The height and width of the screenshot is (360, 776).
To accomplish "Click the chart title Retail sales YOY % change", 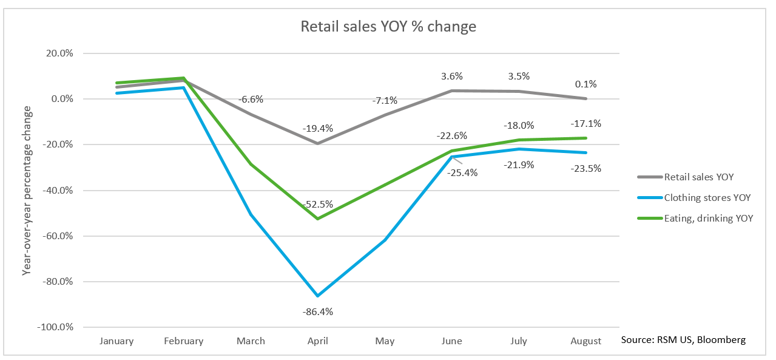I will pyautogui.click(x=388, y=27).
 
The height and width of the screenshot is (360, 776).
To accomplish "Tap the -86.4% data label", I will pyautogui.click(x=317, y=312).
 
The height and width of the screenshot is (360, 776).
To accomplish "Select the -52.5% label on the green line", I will pyautogui.click(x=317, y=205).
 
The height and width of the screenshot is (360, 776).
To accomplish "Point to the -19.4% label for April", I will pyautogui.click(x=317, y=129).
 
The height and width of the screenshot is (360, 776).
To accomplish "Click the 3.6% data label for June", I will pyautogui.click(x=451, y=76).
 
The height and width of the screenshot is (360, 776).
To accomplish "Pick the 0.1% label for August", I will pyautogui.click(x=585, y=84).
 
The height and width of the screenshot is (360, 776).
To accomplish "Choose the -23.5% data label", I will pyautogui.click(x=585, y=169).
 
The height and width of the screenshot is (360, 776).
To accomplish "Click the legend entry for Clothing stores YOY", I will pyautogui.click(x=707, y=197).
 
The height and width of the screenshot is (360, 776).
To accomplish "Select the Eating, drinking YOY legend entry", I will pyautogui.click(x=709, y=218).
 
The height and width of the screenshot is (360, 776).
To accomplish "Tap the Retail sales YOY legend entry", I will pyautogui.click(x=699, y=177).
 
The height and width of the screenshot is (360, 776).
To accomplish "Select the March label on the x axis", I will pyautogui.click(x=251, y=341).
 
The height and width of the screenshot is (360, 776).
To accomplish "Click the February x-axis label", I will pyautogui.click(x=183, y=341).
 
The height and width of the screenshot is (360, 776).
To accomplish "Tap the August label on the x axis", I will pyautogui.click(x=585, y=341).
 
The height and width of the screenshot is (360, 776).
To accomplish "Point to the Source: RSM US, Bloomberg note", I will pyautogui.click(x=683, y=340).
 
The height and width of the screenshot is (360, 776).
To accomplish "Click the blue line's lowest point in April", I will pyautogui.click(x=317, y=296).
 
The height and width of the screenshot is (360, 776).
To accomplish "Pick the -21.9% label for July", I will pyautogui.click(x=518, y=165).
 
